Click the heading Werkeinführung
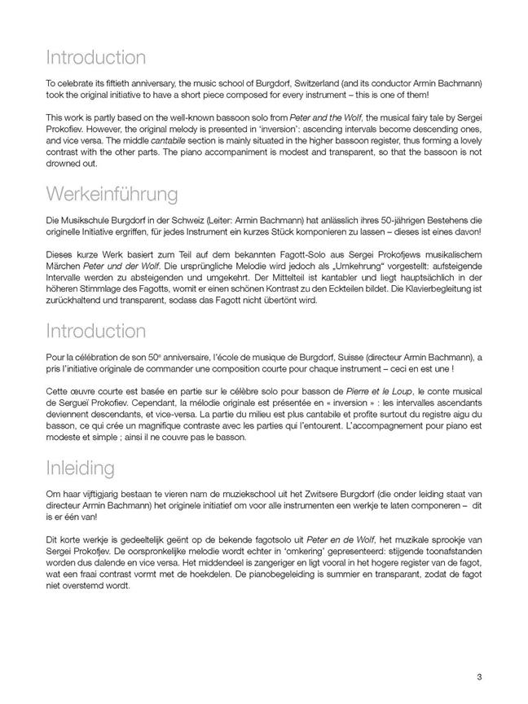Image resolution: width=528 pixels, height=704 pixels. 112,196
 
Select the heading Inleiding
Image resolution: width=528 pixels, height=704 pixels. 80,468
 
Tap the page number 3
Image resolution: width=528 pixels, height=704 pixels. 480,676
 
